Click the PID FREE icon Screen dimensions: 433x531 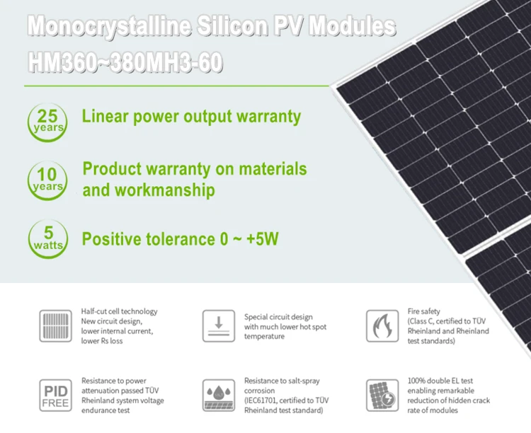[x=56, y=395]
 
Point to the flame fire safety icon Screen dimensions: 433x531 [x=382, y=325]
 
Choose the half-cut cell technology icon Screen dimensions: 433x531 [x=56, y=325]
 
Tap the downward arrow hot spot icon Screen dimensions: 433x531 [x=219, y=325]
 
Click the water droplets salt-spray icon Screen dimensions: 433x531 [x=219, y=395]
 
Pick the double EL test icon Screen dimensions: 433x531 [x=382, y=395]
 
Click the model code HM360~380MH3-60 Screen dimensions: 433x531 [x=126, y=62]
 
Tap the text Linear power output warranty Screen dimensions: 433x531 [x=191, y=116]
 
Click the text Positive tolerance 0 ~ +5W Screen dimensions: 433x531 [x=180, y=239]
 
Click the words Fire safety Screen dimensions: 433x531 [x=424, y=311]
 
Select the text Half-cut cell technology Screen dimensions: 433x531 [x=120, y=311]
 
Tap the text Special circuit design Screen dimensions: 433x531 [x=278, y=317]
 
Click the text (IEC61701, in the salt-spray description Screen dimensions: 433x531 [x=263, y=400]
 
